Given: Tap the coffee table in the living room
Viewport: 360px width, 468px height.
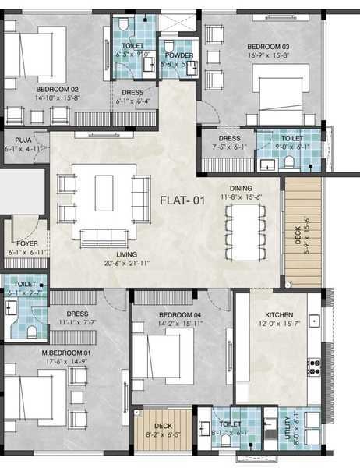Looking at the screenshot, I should point(104,193).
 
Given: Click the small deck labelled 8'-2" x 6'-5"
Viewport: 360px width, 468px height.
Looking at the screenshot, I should point(163,427).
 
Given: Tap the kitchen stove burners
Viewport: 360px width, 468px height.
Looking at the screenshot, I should point(314,366).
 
